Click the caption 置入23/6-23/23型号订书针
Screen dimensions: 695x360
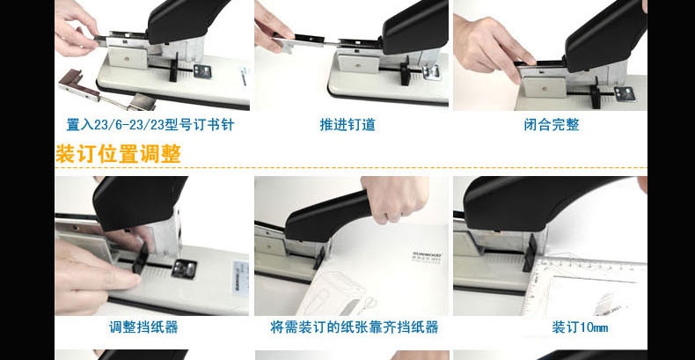[150, 125]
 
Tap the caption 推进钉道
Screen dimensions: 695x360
[347, 125]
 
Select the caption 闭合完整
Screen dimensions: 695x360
[552, 125]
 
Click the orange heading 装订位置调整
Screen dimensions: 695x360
[119, 154]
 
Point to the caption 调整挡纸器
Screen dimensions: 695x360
[143, 327]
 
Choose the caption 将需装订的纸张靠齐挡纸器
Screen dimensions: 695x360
[355, 327]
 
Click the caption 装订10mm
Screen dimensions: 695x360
[580, 327]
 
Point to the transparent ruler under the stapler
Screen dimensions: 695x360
[585, 288]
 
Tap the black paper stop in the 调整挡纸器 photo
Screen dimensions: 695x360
[141, 258]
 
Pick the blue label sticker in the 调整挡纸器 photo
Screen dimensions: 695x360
[240, 277]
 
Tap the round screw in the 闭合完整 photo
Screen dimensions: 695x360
[544, 88]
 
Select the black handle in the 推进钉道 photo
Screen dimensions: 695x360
[415, 27]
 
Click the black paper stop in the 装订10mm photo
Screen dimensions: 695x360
[530, 252]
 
